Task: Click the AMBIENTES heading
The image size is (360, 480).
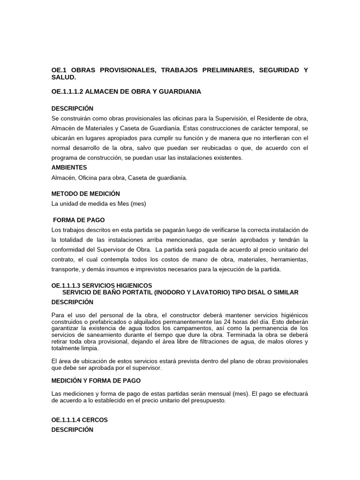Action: click(x=69, y=167)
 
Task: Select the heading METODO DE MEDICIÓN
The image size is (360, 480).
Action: click(x=85, y=194)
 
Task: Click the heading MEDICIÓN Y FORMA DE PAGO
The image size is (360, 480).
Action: click(x=96, y=381)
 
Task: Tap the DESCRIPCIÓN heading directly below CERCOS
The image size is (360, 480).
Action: click(x=72, y=429)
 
